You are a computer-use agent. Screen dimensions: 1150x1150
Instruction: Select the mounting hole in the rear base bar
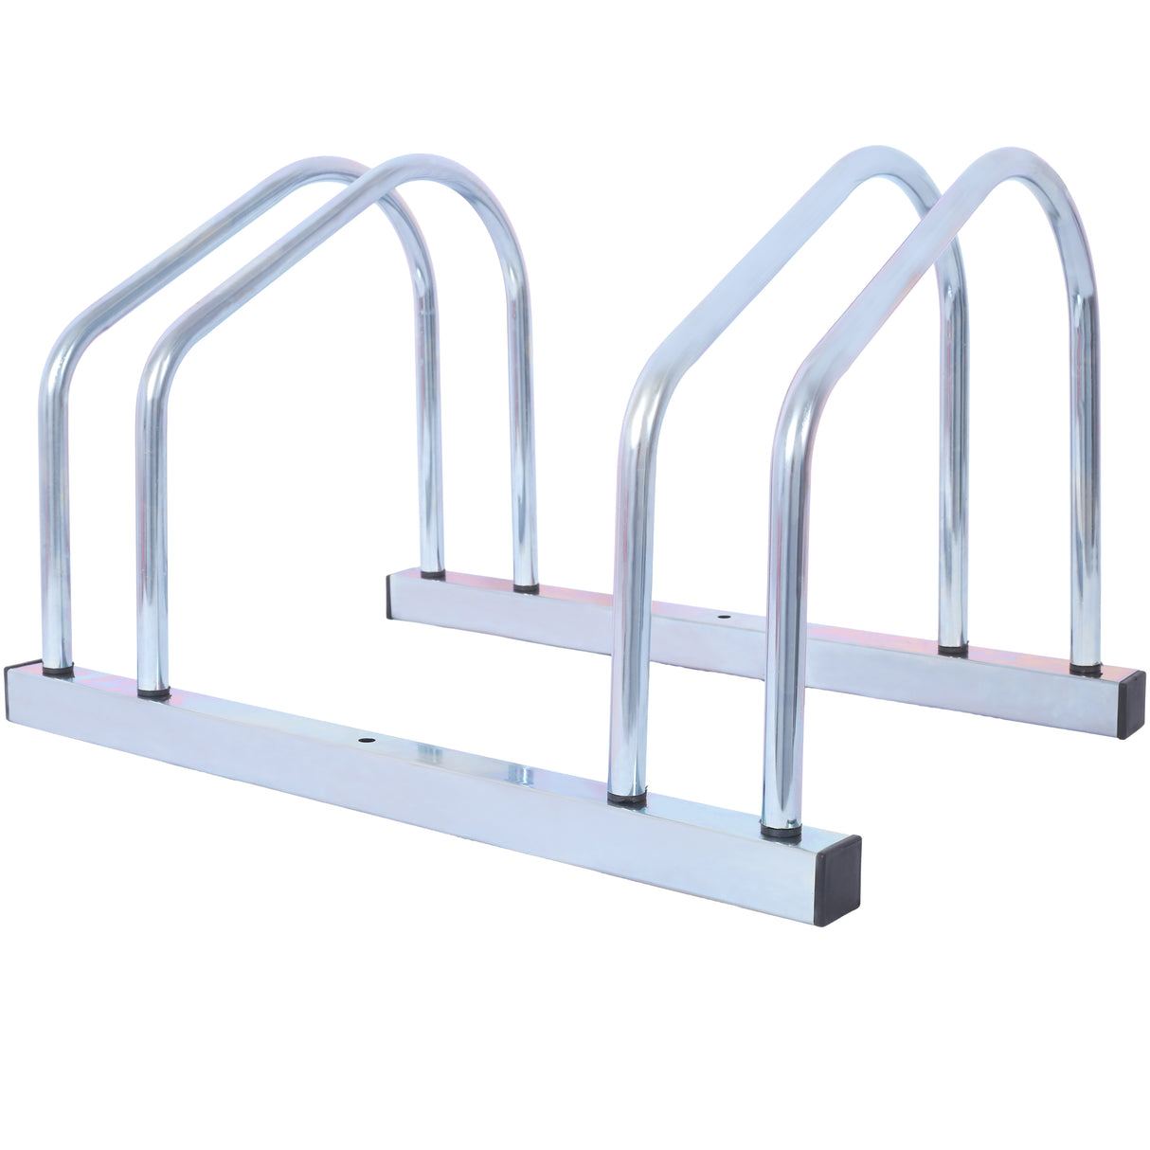pos(724,617)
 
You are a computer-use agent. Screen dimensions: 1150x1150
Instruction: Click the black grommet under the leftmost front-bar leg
pos(57,669)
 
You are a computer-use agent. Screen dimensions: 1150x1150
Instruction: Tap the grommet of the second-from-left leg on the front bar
pos(153,693)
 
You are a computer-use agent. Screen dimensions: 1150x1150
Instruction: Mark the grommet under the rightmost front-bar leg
pos(781,832)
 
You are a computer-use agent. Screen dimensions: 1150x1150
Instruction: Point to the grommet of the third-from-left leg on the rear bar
pos(953,650)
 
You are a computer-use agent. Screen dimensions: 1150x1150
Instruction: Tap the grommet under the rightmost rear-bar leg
pos(1087,669)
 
